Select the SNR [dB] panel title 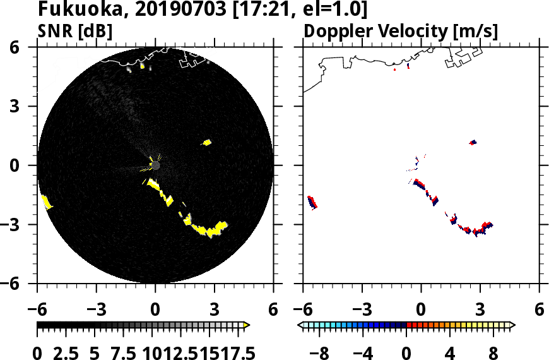[75, 31]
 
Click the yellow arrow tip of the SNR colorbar [247, 325]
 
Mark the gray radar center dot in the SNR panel [155, 165]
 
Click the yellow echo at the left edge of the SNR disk [46, 202]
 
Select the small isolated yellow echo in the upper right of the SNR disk [207, 142]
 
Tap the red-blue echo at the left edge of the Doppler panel [312, 202]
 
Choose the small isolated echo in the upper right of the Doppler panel [473, 142]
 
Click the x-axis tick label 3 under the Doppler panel [480, 311]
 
